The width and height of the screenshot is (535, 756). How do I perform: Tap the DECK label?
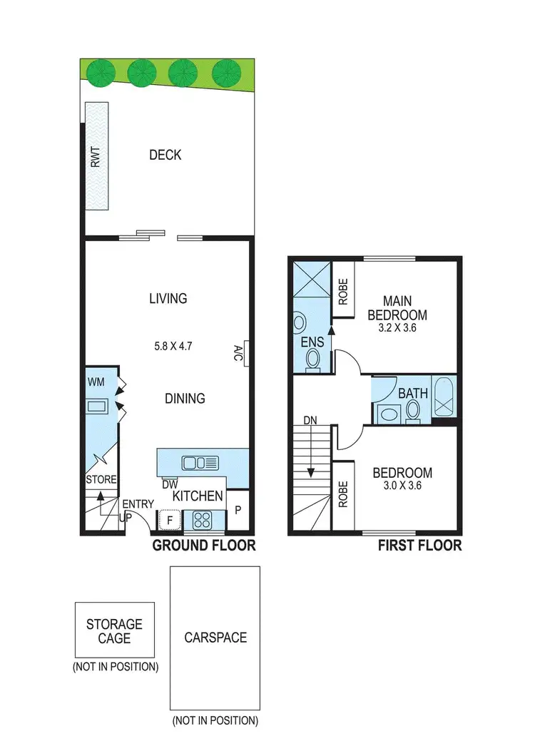click(165, 155)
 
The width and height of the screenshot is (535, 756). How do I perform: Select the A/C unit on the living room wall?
click(245, 353)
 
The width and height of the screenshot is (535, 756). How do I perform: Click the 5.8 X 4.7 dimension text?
click(174, 347)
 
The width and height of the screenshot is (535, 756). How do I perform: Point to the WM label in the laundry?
click(96, 383)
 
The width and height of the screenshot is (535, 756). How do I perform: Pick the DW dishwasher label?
click(170, 484)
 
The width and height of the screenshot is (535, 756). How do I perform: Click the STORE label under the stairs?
click(101, 479)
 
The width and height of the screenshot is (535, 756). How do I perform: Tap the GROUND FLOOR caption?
click(204, 546)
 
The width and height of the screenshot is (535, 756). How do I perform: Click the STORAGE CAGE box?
click(114, 630)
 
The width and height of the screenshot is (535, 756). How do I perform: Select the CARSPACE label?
click(215, 637)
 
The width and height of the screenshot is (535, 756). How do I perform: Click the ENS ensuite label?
click(312, 342)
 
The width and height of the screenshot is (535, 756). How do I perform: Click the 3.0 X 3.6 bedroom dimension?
click(402, 486)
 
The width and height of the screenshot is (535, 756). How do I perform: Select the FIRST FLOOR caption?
click(419, 546)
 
